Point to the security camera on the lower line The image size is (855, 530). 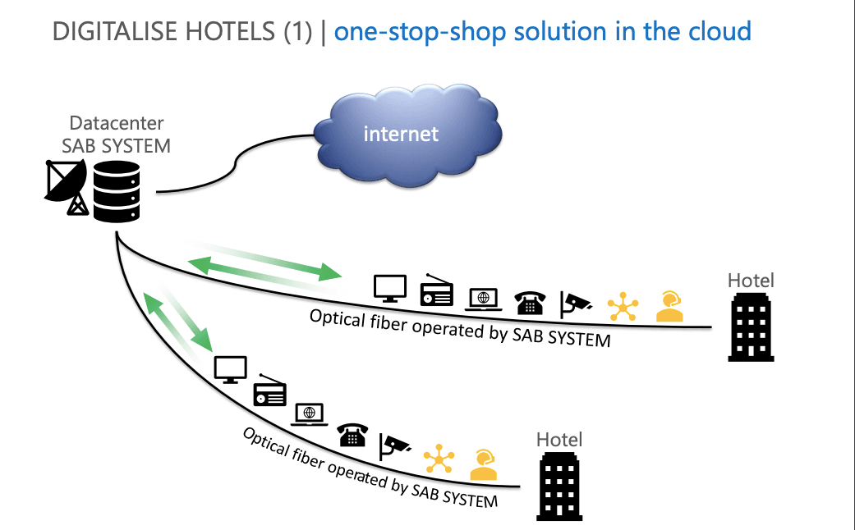click(x=394, y=445)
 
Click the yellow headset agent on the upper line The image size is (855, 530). click(x=669, y=306)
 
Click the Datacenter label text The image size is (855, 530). click(x=117, y=123)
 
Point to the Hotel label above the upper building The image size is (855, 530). click(x=751, y=281)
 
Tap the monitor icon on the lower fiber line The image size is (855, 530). click(x=231, y=368)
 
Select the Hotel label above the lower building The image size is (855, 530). click(x=559, y=440)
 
